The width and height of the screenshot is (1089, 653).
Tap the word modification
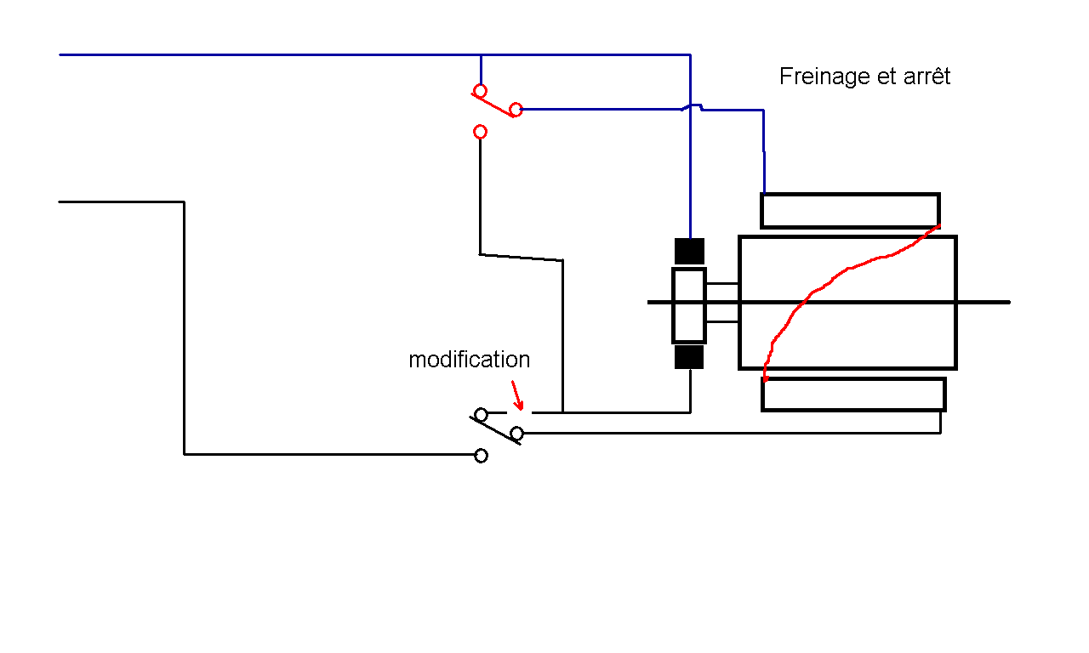pos(469,360)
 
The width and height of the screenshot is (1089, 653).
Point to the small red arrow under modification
pos(517,395)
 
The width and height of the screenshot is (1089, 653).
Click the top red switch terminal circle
pos(480,91)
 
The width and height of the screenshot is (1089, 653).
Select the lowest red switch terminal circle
pos(480,132)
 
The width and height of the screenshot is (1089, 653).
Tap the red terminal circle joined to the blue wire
pos(516,110)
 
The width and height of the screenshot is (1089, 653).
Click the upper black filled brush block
pos(689,251)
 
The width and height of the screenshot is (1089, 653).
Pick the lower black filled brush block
pos(689,357)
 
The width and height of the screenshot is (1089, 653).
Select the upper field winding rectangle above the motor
pos(850,195)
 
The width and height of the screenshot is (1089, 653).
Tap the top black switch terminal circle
pos(481,414)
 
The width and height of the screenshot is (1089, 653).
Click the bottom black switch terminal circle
pos(481,456)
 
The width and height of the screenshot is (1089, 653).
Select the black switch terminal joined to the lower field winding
pos(516,433)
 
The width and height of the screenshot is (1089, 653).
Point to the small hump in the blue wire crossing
pos(692,105)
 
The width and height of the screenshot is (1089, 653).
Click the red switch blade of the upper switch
pos(493,105)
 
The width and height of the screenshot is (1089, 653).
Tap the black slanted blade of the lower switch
pos(495,430)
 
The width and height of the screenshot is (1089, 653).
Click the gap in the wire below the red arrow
pos(519,412)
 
